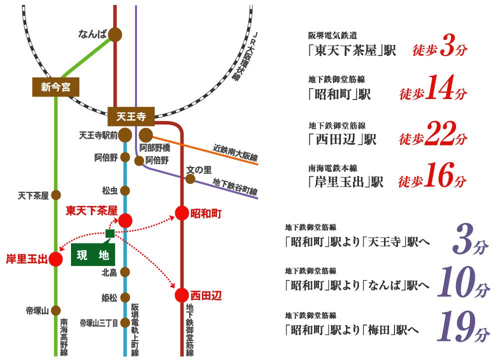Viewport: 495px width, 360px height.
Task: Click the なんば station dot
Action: click(x=115, y=34)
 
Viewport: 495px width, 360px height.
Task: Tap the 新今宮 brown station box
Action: click(x=56, y=87)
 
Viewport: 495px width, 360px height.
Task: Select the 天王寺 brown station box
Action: click(x=130, y=117)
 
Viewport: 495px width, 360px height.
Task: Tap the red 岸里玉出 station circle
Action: click(x=55, y=259)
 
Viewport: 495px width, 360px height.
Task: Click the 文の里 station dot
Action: click(x=190, y=178)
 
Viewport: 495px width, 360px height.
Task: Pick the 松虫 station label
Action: click(x=109, y=190)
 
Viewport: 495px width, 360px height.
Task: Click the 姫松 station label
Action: click(x=109, y=298)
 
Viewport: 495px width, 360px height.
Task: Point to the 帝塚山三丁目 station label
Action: click(x=98, y=323)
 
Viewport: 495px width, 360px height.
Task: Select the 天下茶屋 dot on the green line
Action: click(x=56, y=195)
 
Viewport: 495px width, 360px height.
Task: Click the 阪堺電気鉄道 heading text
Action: click(x=332, y=35)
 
